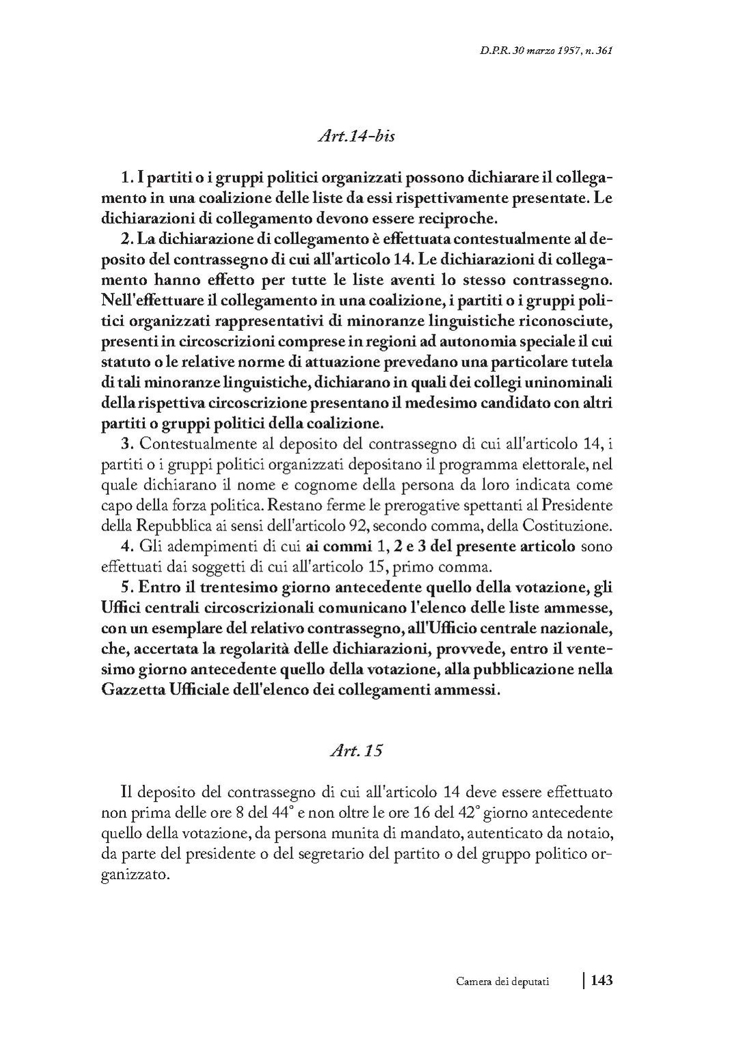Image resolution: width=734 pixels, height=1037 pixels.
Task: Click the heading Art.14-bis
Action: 356,136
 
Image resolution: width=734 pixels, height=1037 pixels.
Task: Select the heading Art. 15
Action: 355,750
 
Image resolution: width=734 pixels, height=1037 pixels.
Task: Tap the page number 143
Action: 601,980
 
